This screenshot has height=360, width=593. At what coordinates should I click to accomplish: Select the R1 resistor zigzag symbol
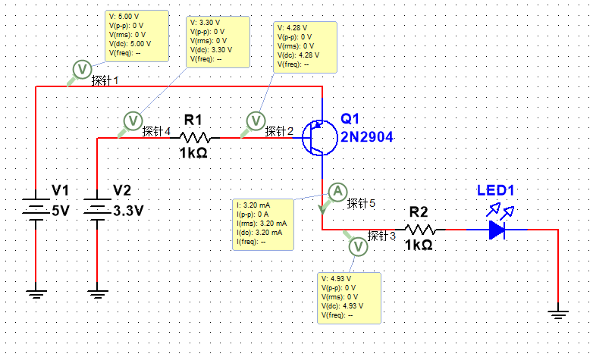click(x=195, y=138)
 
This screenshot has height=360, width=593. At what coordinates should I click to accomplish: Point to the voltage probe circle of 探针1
click(x=81, y=70)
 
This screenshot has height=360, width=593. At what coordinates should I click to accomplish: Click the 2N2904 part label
click(x=367, y=136)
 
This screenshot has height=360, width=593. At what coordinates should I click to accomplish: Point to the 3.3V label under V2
click(x=127, y=211)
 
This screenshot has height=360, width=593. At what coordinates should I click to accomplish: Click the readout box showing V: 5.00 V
click(x=137, y=36)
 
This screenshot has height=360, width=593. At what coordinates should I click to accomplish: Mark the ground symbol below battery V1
click(x=36, y=289)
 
